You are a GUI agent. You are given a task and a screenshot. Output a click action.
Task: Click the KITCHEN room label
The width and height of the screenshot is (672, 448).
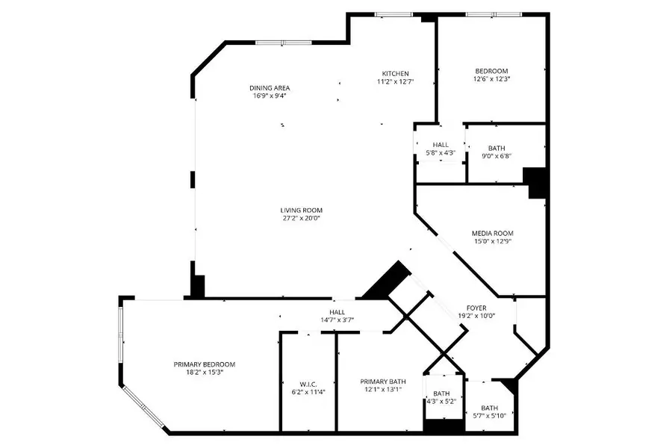[395, 73]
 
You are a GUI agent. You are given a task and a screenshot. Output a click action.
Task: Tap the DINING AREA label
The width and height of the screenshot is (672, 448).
[269, 87]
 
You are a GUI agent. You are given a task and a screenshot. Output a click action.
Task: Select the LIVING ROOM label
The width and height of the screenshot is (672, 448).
[302, 211]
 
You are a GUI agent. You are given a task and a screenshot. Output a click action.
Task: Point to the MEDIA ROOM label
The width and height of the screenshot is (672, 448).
[492, 233]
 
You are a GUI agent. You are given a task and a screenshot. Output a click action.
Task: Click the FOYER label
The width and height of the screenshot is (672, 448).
[477, 306]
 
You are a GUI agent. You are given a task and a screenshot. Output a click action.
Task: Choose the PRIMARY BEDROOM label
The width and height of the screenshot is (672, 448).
[204, 364]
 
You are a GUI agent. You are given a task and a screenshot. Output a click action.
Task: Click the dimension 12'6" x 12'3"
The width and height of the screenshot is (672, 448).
[491, 78]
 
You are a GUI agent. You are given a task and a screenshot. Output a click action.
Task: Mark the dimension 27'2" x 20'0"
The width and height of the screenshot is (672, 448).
[302, 220]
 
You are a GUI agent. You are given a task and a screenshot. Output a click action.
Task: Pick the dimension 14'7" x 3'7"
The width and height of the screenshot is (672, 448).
[337, 320]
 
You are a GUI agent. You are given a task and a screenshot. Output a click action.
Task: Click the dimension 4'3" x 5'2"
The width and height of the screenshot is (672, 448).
[441, 402]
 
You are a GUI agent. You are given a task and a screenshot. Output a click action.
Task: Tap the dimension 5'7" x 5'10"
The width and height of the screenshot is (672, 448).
[489, 416]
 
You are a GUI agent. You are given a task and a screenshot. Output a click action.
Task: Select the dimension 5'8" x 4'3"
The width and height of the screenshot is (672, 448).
[440, 153]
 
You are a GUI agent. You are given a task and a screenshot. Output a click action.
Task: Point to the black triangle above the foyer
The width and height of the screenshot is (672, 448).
[386, 280]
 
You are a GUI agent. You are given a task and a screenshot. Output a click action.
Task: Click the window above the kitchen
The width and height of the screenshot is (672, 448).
[393, 14]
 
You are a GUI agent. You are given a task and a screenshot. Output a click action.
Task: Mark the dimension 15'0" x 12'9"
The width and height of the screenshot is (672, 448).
[492, 242]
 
